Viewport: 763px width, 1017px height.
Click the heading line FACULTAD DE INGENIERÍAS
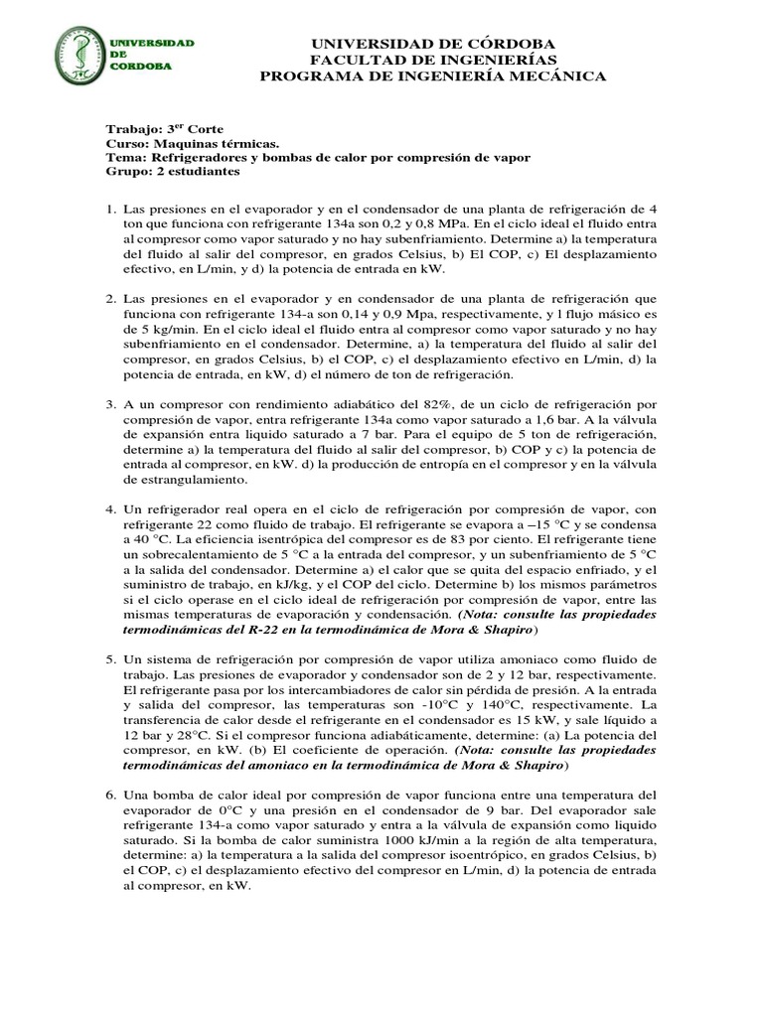point(434,61)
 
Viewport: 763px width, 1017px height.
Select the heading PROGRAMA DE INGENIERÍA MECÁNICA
point(433,77)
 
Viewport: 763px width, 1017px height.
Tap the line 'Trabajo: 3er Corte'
point(164,129)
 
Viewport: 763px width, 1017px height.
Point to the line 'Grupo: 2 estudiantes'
point(172,171)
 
